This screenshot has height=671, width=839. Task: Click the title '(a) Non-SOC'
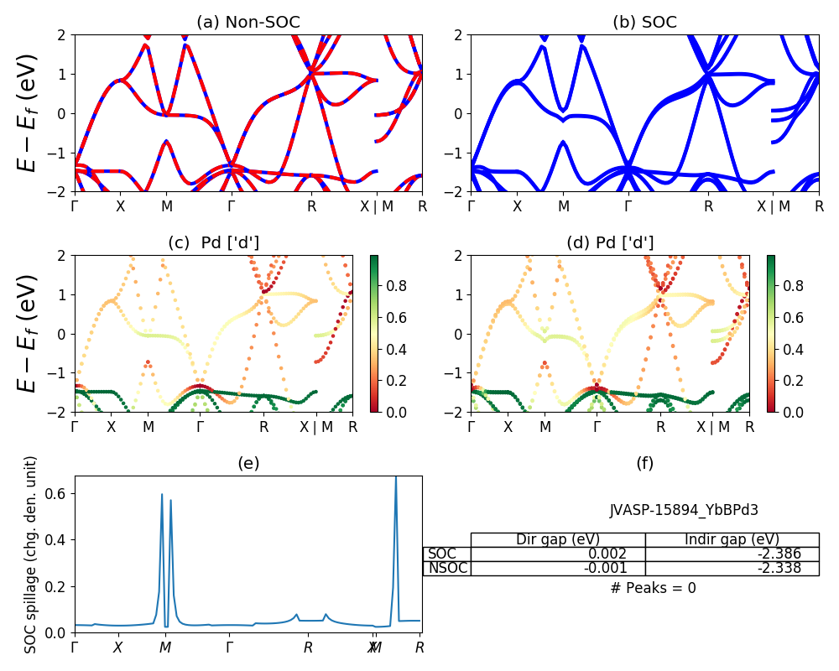[x=248, y=23]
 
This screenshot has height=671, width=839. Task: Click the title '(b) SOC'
[x=644, y=23]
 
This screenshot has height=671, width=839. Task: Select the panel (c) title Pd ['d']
[x=213, y=242]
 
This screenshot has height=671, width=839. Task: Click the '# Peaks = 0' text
[x=653, y=588]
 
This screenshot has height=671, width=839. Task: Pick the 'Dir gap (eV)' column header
[x=558, y=539]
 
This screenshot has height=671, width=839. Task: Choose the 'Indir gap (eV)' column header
[x=732, y=539]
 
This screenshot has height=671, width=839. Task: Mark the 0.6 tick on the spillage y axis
[x=60, y=493]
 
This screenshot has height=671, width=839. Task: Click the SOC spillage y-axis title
[x=31, y=554]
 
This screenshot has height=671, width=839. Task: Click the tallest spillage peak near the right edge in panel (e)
[x=396, y=478]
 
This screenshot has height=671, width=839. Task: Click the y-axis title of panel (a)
[x=29, y=112]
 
